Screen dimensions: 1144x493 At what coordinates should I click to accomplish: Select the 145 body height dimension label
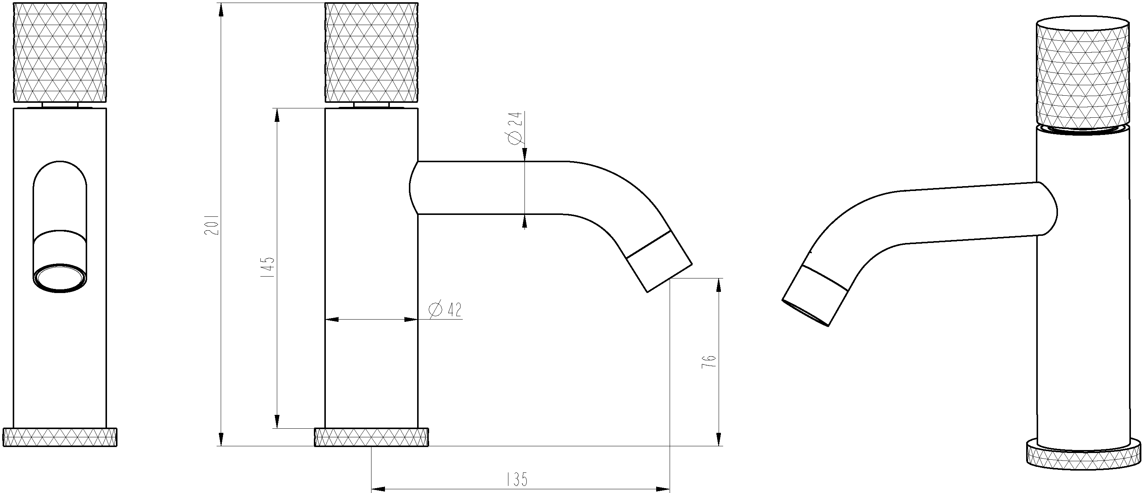coord(269,267)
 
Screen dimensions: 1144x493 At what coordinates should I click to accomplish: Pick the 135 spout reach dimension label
coord(517,479)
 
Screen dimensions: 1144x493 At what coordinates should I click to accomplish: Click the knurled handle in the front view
coord(60,53)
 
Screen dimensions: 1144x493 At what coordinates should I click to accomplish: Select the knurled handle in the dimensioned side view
coord(371,53)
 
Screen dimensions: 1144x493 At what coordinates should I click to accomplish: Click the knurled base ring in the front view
coord(60,437)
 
